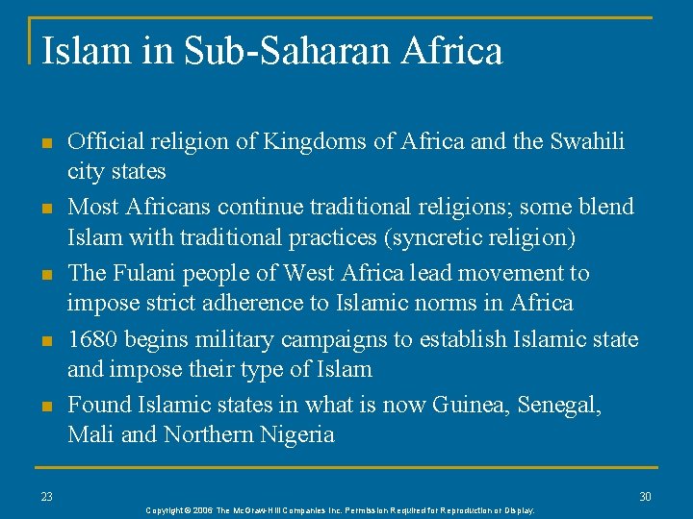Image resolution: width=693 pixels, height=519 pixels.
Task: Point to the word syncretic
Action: pos(439,237)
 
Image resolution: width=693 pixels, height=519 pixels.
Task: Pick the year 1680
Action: pos(92,339)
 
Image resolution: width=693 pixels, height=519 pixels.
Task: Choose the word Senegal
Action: pos(559,405)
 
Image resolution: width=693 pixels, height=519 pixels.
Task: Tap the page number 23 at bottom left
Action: pos(47,496)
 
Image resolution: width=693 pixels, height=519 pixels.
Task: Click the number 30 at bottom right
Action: pos(646,496)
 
